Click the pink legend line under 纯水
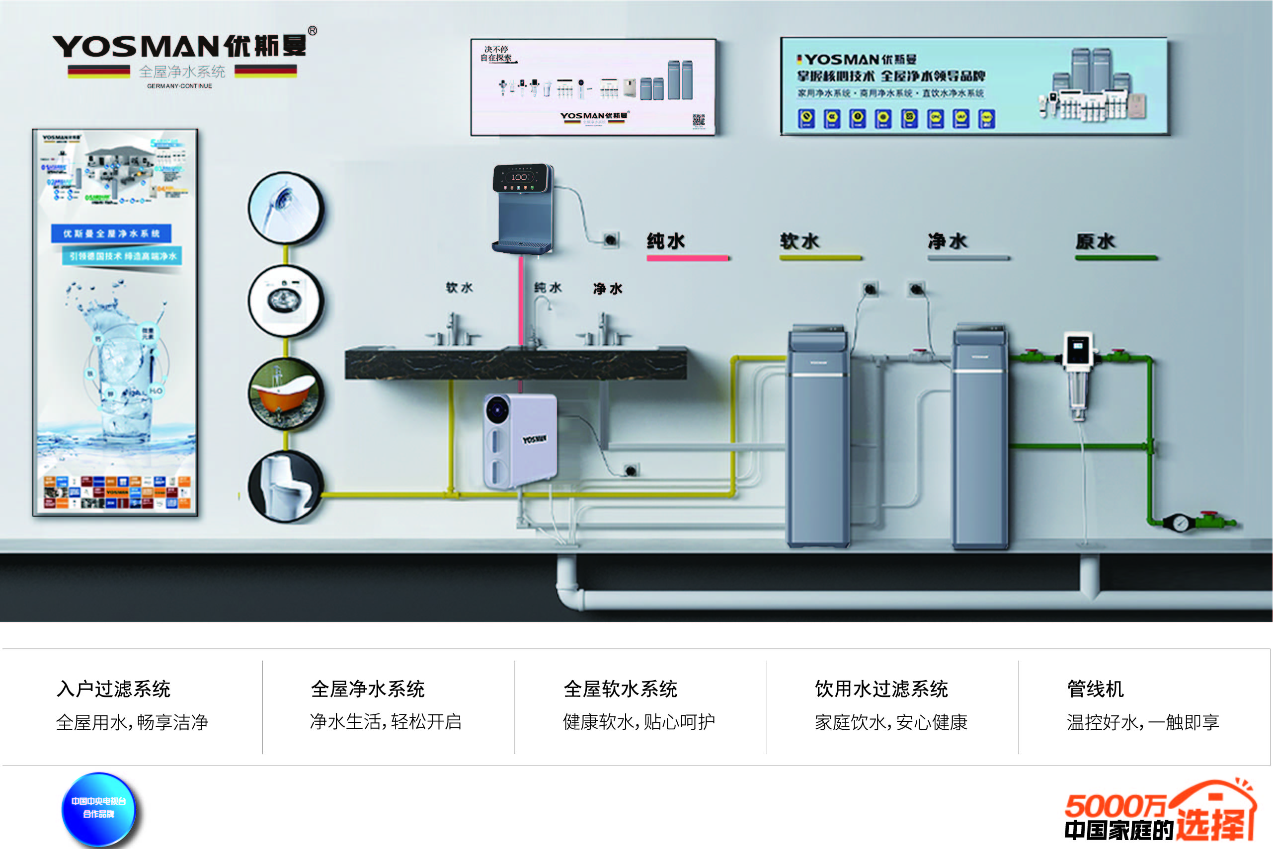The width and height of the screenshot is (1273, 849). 687,258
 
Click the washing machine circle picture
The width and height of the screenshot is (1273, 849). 285,300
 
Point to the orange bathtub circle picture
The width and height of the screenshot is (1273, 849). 285,393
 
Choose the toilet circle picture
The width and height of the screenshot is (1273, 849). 285,486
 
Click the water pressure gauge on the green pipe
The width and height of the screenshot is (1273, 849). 1181,523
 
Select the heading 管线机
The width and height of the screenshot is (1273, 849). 1095,689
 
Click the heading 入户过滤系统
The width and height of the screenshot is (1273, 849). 114,689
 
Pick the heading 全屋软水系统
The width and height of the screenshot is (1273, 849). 620,689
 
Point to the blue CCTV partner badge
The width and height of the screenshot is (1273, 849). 98,808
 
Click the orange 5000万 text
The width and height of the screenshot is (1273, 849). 1114,805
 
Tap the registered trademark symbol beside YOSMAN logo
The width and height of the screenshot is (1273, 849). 313,31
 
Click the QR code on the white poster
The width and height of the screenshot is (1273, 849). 699,120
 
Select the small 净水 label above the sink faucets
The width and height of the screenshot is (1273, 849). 608,289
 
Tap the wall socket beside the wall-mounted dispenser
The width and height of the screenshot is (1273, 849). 611,239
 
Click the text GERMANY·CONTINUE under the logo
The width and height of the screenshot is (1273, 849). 179,86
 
